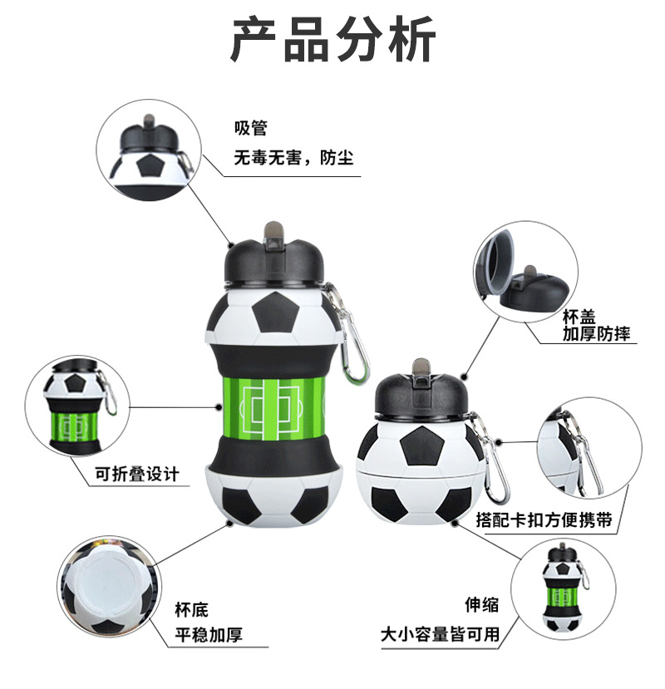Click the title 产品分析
pyautogui.click(x=332, y=40)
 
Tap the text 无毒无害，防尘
pyautogui.click(x=293, y=157)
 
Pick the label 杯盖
pyautogui.click(x=579, y=317)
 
